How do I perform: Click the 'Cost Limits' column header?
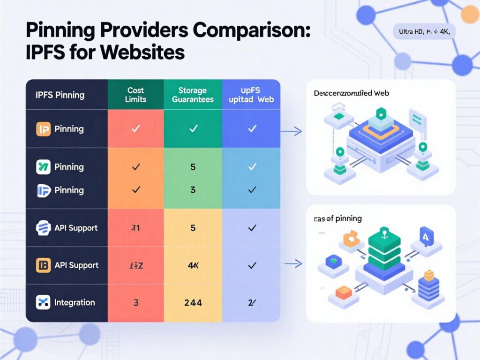point(135,95)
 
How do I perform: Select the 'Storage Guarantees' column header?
point(193,95)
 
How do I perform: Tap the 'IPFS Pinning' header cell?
point(60,95)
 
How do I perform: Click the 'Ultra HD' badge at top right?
point(424,32)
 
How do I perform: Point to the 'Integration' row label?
point(75,302)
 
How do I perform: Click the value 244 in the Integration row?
point(193,303)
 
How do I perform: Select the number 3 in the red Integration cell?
point(136,303)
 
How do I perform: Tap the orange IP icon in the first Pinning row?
point(43,129)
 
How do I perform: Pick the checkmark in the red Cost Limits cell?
point(135,128)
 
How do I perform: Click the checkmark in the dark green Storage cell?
point(193,128)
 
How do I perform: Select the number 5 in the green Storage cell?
point(193,167)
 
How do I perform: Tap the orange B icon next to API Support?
point(43,265)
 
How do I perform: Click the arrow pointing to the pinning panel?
point(293,264)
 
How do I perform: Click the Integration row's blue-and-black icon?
point(43,302)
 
